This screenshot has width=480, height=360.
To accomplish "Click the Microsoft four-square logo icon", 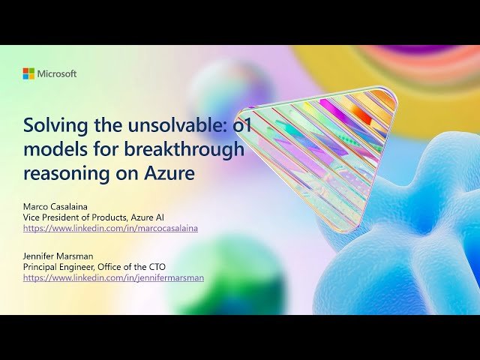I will click(28, 73).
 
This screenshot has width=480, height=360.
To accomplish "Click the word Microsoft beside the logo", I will click(57, 73).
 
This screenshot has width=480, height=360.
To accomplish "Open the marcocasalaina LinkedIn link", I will click(110, 228).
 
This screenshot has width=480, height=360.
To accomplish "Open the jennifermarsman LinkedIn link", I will click(113, 277).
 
